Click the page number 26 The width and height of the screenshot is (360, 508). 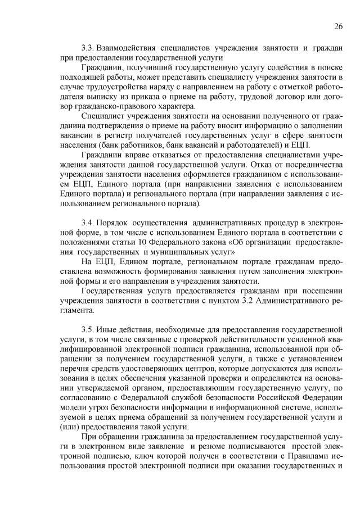[338, 26]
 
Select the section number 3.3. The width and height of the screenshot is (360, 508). [88, 48]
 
